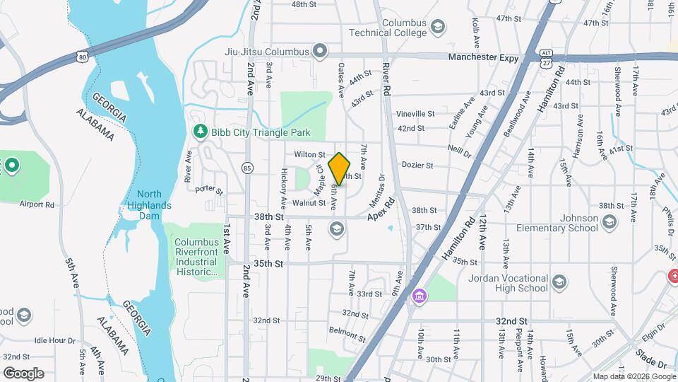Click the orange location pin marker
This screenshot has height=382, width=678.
click(340, 169)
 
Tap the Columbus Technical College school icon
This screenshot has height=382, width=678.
click(438, 28)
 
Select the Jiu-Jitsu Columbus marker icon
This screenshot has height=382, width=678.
click(320, 51)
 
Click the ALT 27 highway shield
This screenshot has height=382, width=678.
click(545, 58)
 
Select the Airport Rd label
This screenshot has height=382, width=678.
click(37, 204)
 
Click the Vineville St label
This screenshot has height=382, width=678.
click(415, 114)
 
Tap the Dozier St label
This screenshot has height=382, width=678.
click(417, 166)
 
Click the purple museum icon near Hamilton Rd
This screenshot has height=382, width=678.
click(420, 295)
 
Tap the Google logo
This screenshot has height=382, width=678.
click(23, 373)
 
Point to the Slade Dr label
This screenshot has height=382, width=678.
click(650, 361)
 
